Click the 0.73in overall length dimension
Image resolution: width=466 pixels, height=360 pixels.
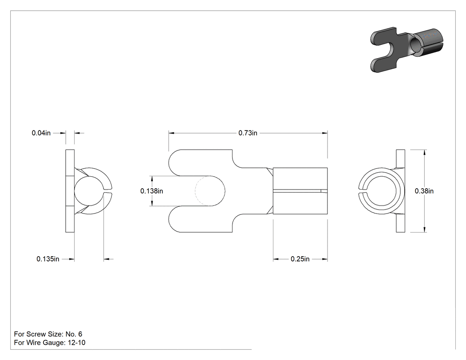(248, 133)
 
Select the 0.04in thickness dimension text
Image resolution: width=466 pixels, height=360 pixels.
(41, 133)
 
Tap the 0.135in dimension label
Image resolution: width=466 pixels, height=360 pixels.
(48, 259)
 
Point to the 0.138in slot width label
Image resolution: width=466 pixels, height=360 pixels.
(152, 191)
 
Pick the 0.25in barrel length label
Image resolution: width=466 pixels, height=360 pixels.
(300, 259)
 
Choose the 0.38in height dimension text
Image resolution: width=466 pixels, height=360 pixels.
(424, 191)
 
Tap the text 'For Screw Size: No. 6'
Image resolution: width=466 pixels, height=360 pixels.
(48, 334)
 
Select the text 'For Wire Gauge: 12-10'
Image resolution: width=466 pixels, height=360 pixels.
(50, 343)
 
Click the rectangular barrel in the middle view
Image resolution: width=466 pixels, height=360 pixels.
(300, 191)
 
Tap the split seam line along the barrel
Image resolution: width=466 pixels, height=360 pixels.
(300, 191)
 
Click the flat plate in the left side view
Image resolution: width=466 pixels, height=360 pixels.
(70, 191)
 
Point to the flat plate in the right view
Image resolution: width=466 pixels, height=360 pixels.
(401, 191)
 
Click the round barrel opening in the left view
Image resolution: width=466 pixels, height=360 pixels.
(89, 191)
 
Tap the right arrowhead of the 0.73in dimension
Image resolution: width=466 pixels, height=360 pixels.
(325, 133)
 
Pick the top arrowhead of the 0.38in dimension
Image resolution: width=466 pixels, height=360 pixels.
(425, 153)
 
